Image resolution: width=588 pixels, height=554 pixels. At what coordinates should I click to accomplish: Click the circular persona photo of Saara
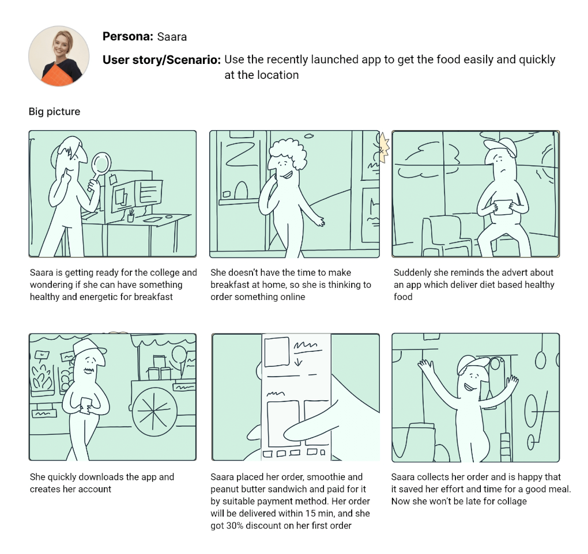(59, 56)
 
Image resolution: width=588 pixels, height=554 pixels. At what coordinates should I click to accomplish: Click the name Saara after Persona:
(172, 37)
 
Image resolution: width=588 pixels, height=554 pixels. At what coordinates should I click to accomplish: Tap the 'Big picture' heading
(54, 112)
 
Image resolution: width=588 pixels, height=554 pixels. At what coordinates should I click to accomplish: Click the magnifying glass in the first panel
(100, 169)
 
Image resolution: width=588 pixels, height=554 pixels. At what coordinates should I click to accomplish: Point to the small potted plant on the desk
(130, 216)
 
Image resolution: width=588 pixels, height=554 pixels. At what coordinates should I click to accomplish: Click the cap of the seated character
(500, 146)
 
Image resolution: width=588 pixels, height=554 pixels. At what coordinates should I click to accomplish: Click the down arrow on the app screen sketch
(299, 362)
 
